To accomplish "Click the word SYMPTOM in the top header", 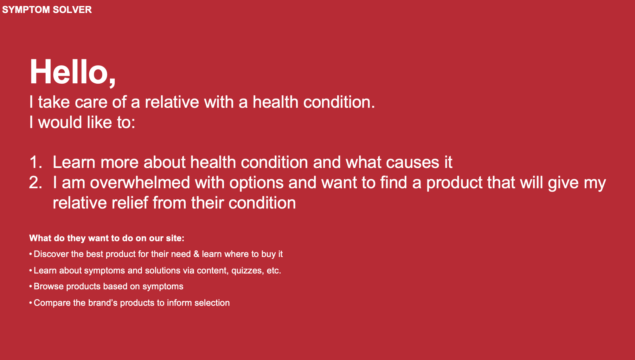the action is coord(26,10).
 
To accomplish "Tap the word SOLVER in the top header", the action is coord(72,10).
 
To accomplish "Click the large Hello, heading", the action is coord(73,72).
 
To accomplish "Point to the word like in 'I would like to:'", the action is coord(99,122).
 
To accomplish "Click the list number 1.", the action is coord(35,162).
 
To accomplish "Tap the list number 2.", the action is coord(35,183).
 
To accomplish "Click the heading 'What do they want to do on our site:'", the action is coord(107,238).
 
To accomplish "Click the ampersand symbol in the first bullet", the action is coord(196,254).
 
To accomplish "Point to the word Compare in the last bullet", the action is coord(52,303).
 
